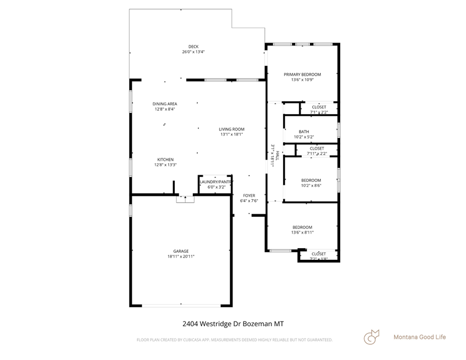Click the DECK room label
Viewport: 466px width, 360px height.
pos(193,47)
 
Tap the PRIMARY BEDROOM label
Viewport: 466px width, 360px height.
pos(302,75)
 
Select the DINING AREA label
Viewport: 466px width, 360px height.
pos(165,104)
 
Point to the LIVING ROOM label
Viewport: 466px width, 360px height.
pos(231,129)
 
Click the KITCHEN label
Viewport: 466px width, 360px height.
pos(165,160)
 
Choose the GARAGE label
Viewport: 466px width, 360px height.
pos(181,251)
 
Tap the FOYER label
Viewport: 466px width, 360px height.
pos(249,196)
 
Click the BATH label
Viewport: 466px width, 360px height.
pos(304,132)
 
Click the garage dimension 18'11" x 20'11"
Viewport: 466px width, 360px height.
pos(181,256)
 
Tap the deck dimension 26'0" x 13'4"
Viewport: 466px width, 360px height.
pos(193,52)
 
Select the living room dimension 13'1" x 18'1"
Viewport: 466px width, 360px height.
pos(231,135)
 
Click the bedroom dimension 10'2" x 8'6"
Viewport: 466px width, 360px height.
pos(310,185)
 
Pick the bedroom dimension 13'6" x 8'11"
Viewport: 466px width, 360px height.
pos(302,232)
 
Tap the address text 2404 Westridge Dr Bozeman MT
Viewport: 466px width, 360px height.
pos(233,323)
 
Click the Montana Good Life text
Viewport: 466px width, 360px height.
pos(419,337)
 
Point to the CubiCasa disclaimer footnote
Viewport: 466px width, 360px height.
pos(234,340)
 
